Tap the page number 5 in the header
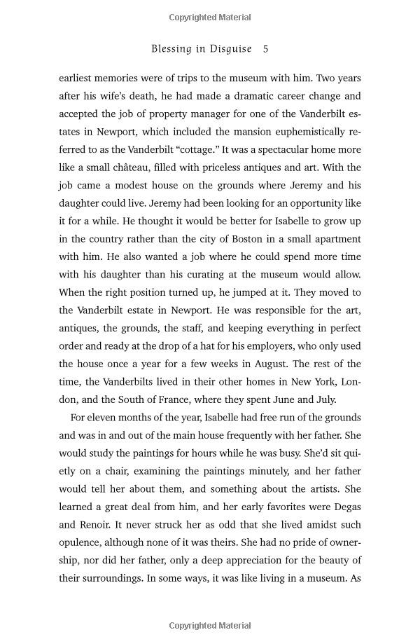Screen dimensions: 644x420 265,49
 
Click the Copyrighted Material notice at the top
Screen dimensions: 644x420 210,18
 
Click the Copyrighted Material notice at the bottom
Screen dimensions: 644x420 210,625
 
